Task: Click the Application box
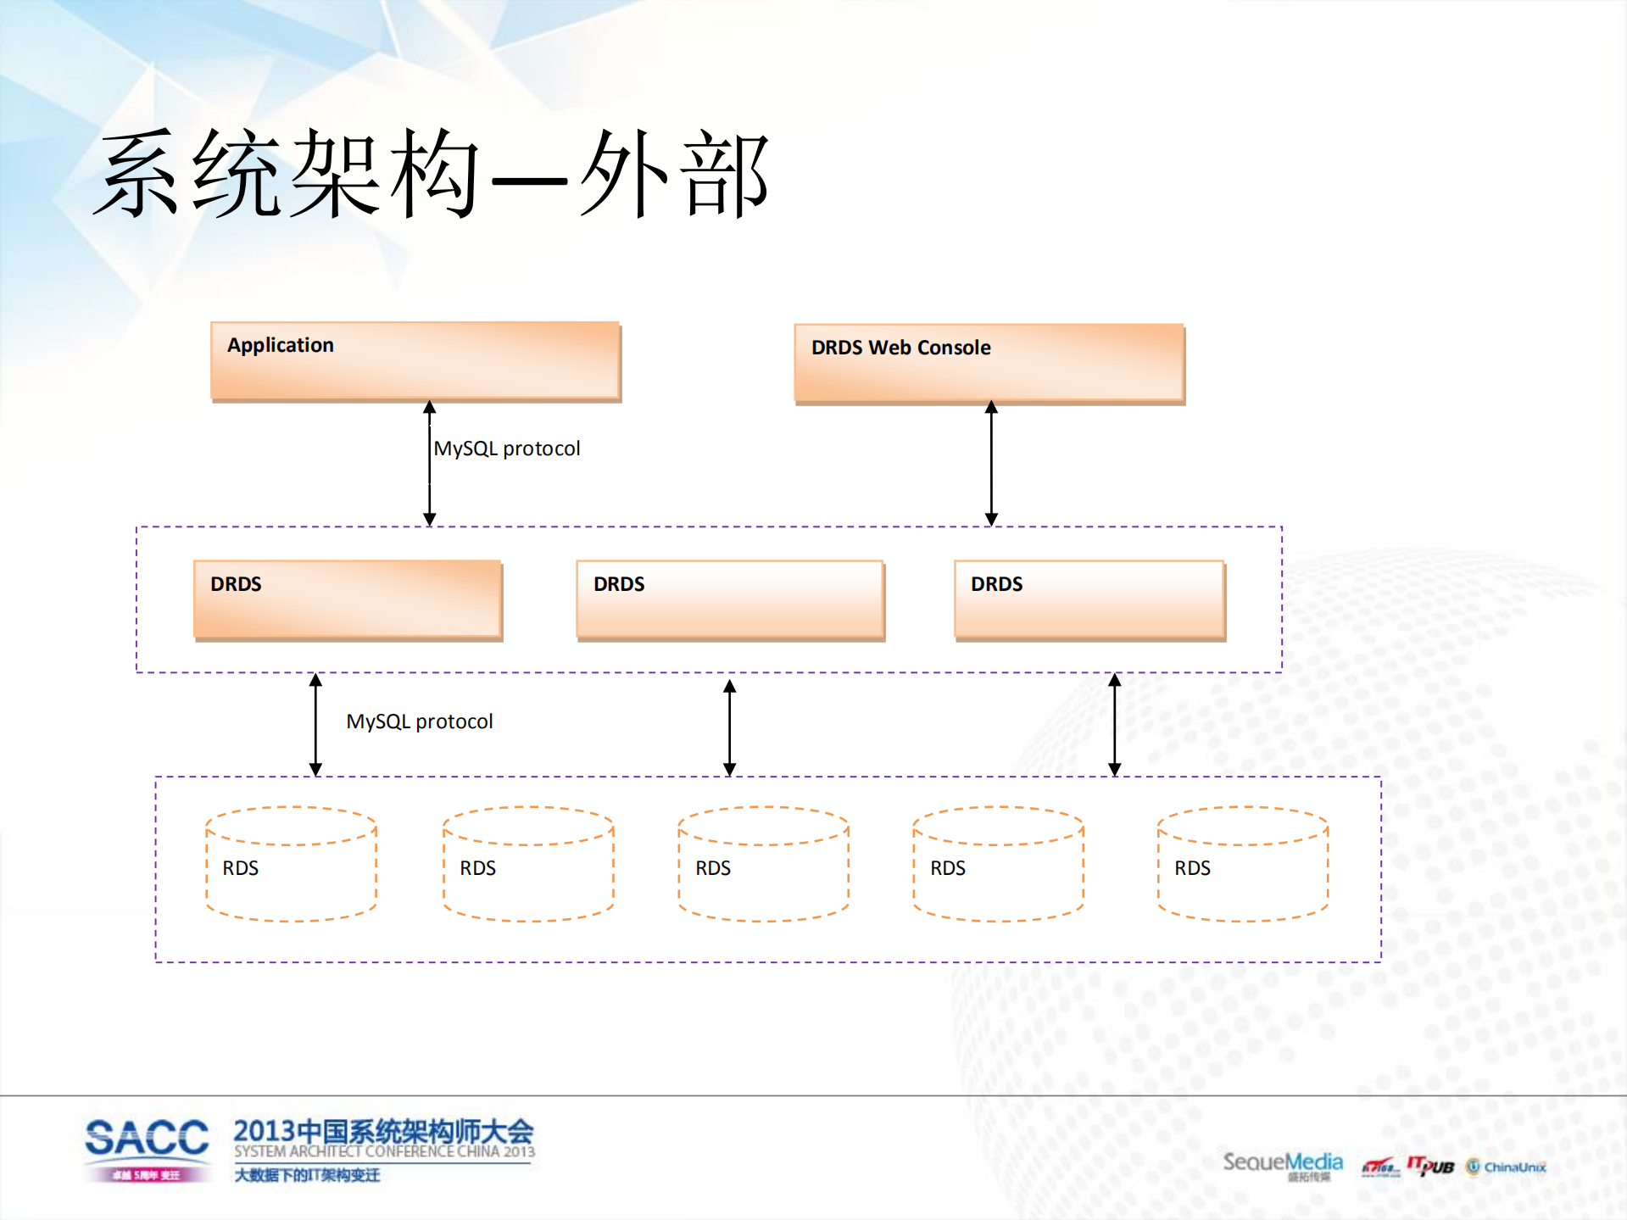click(x=415, y=360)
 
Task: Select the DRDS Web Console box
click(x=989, y=363)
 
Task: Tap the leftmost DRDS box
click(x=348, y=599)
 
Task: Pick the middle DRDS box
click(x=730, y=599)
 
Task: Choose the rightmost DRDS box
click(x=1089, y=599)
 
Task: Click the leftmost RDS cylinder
click(x=291, y=864)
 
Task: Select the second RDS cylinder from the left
click(x=528, y=864)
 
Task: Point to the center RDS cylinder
click(x=763, y=864)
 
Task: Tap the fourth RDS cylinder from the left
click(x=998, y=864)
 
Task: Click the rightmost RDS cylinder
click(x=1242, y=864)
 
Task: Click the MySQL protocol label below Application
click(x=507, y=448)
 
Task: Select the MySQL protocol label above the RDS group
click(x=420, y=721)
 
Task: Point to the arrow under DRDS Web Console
click(x=991, y=464)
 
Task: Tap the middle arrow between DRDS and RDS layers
click(x=729, y=727)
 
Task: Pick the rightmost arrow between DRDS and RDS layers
click(x=1115, y=725)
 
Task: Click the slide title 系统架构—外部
click(x=432, y=174)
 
